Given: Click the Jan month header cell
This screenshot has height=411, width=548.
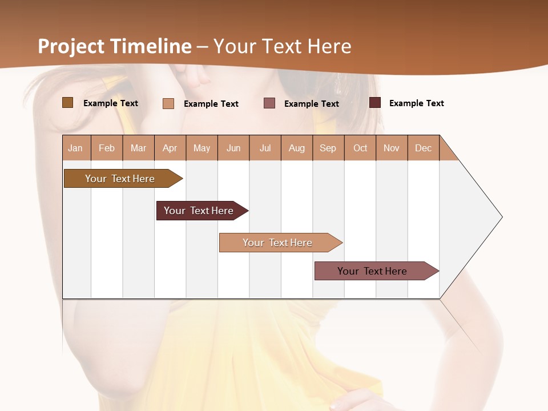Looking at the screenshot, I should coord(76,148).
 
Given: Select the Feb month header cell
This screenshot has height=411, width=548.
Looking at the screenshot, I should coord(107,148).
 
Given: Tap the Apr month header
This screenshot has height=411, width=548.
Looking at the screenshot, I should coord(170,148).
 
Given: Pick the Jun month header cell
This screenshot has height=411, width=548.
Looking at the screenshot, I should coord(233,148).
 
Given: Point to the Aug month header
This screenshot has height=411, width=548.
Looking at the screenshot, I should coord(297,148).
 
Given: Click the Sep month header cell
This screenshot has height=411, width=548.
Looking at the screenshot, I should coord(328,148).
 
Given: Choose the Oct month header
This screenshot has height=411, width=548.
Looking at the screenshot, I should coord(360,148).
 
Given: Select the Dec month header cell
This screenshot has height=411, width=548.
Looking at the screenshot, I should coord(424,148).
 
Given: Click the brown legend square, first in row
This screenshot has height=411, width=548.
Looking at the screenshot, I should coord(68,103).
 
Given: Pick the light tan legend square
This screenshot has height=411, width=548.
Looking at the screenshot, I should coord(168,103).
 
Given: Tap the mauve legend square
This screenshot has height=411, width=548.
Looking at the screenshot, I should coord(269,103).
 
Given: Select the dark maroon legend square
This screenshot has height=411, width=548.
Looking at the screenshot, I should coord(375,103).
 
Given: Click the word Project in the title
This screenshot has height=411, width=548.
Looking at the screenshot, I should coord(71,47).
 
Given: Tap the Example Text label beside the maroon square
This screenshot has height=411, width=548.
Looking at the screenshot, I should coord(416,103).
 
